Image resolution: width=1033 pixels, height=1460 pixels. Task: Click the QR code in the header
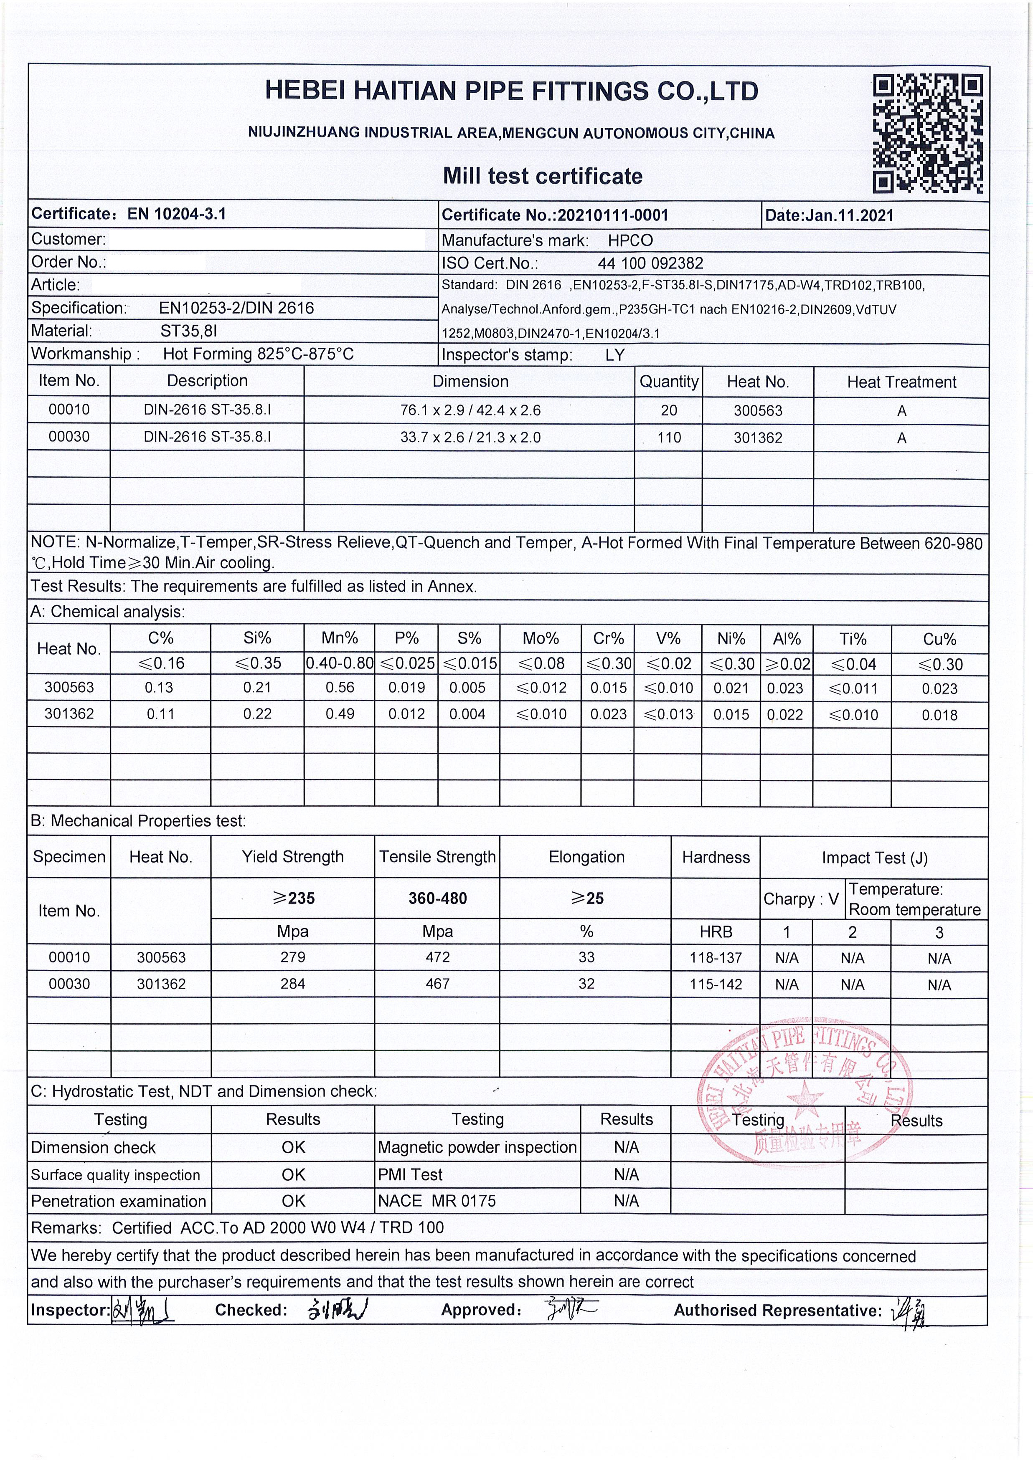(928, 134)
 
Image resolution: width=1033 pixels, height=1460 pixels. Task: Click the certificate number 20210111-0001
(612, 215)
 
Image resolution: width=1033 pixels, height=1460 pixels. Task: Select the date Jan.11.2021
(849, 215)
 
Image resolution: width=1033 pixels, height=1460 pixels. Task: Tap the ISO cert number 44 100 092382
(650, 263)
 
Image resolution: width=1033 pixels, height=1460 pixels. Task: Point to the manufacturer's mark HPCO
(630, 240)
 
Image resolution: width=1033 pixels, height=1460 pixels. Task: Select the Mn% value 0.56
(340, 687)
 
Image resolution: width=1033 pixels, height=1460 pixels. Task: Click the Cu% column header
(939, 639)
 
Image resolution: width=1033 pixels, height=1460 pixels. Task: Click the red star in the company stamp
(804, 1098)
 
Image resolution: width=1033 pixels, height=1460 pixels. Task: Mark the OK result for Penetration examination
(293, 1201)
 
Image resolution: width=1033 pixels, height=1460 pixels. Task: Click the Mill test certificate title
(543, 176)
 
